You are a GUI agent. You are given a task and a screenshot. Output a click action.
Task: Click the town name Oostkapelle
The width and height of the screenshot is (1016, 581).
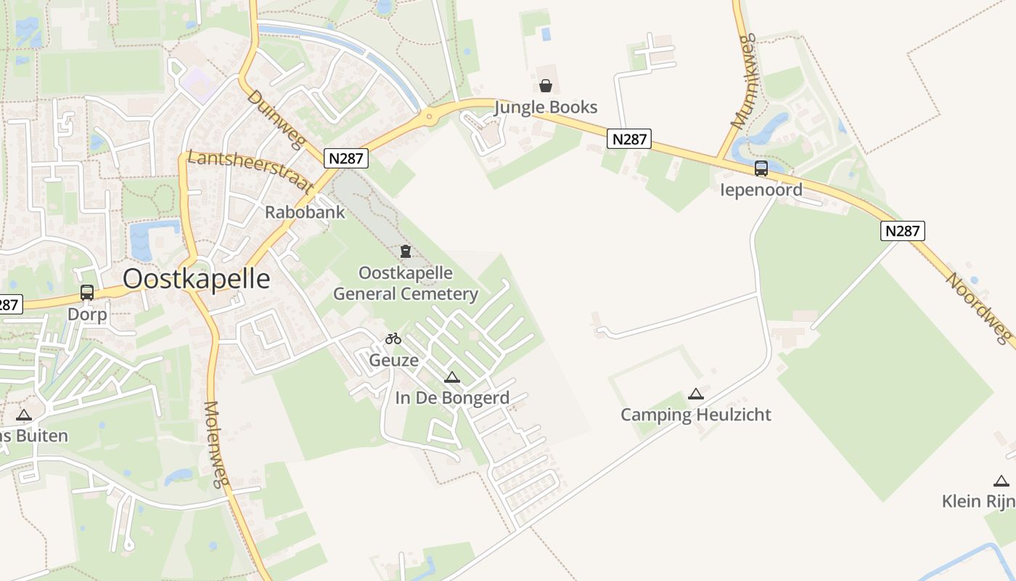[196, 279]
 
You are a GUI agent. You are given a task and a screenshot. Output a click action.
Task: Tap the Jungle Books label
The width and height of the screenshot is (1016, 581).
[546, 107]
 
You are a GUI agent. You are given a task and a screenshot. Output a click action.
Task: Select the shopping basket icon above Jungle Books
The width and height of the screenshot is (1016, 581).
[546, 86]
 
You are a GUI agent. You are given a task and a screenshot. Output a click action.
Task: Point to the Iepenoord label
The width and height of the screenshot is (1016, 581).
[761, 190]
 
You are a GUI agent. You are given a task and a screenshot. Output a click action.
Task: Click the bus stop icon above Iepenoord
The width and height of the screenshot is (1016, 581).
[761, 168]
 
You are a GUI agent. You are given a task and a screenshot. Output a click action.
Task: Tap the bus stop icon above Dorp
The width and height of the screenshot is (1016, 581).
[87, 293]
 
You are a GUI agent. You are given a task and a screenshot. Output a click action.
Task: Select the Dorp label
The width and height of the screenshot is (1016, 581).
[87, 314]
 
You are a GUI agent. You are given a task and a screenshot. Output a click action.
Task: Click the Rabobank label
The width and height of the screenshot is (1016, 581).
[305, 213]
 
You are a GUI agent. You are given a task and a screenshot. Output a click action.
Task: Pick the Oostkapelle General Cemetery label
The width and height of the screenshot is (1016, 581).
[406, 283]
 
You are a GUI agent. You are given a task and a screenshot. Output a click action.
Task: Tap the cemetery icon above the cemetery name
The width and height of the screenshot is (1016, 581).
[406, 251]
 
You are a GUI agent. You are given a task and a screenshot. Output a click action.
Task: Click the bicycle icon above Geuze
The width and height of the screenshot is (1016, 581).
[393, 338]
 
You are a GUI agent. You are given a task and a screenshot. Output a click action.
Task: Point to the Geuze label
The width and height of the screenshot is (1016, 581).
[393, 360]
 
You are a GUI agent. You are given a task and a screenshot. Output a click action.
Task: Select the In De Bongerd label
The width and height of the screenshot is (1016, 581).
[452, 398]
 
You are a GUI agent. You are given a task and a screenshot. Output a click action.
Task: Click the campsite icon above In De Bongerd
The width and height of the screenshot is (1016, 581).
[452, 377]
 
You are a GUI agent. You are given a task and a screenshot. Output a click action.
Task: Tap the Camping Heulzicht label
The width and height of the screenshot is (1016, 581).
[695, 415]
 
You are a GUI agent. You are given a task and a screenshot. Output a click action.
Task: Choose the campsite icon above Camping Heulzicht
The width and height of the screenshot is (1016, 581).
[695, 394]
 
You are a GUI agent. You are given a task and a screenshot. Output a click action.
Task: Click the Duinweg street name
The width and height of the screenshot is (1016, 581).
[274, 119]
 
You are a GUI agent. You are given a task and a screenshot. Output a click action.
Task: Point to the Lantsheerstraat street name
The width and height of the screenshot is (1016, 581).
[250, 171]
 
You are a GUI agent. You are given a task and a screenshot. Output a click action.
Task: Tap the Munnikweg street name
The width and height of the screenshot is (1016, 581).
[744, 81]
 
